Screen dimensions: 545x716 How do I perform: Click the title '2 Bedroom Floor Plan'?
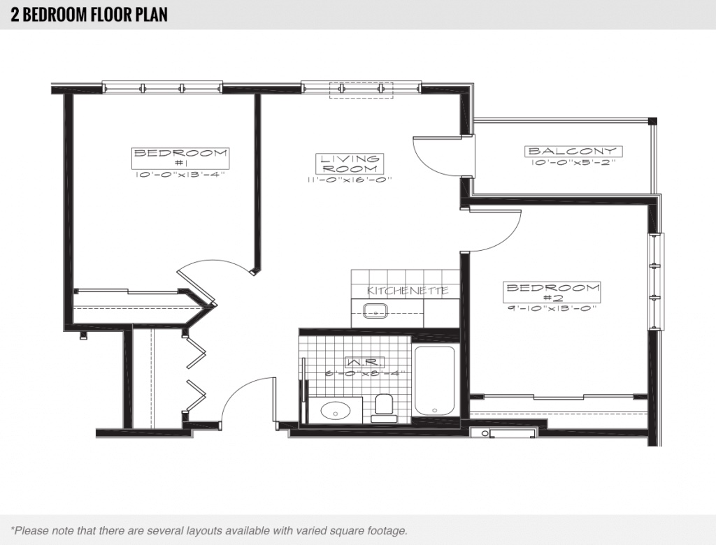coord(89,15)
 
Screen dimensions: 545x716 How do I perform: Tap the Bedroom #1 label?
coord(181,158)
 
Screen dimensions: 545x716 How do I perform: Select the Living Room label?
coord(350,163)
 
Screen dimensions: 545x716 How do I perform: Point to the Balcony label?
coord(572,151)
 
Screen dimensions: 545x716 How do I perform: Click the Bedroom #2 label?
coord(552,292)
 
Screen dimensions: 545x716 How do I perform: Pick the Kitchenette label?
coord(408,290)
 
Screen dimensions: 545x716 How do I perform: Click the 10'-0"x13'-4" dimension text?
coord(181,175)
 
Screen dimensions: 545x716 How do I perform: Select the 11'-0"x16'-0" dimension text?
coord(350,180)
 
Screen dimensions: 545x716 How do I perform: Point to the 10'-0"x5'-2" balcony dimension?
coord(572,163)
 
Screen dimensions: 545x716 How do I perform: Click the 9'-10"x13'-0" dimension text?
coord(552,308)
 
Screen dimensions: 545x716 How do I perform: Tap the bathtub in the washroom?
coord(434,380)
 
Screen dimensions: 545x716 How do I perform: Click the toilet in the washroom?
coord(384,408)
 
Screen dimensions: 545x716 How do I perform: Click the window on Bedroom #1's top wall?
coord(162,88)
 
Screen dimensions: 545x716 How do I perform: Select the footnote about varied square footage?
coord(209,531)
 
